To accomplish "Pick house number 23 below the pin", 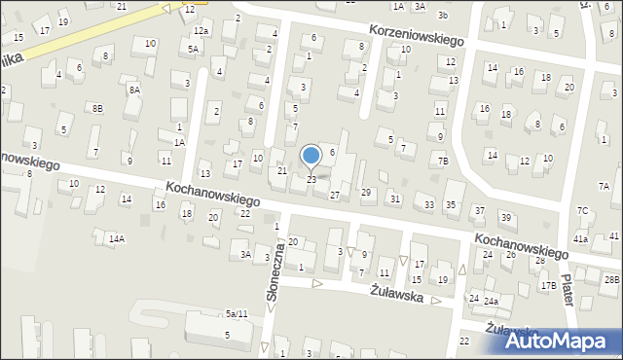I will (311, 179).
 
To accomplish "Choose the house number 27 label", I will (335, 196).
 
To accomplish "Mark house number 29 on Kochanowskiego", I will (366, 193).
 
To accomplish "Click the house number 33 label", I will (429, 204).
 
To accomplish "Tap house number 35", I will (450, 204).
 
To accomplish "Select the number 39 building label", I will (505, 216).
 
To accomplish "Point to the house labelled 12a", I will (201, 31).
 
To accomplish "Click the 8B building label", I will (95, 108).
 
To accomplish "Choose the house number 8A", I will (134, 90).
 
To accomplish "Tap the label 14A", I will (116, 238).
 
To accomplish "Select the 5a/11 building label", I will (237, 313).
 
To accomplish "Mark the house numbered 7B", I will (443, 161).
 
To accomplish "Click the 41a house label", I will (580, 238).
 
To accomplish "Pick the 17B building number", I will (549, 285).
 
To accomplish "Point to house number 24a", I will (492, 302).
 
